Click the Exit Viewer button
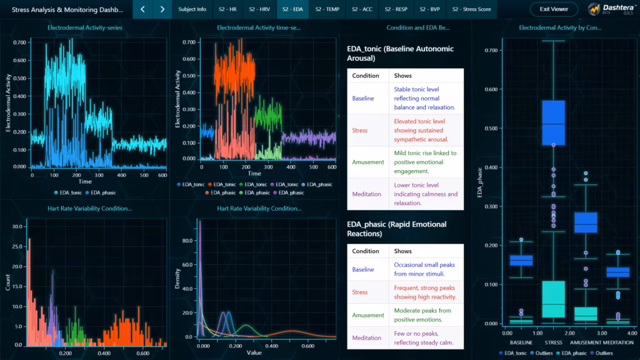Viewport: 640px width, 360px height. pyautogui.click(x=554, y=9)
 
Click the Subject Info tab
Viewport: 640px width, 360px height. pyautogui.click(x=192, y=9)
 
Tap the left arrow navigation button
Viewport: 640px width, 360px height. pyautogui.click(x=142, y=9)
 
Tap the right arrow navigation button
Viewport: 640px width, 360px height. pyautogui.click(x=162, y=9)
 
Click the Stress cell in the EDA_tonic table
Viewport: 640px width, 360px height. pyautogui.click(x=360, y=130)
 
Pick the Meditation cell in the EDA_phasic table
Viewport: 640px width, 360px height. pyautogui.click(x=366, y=337)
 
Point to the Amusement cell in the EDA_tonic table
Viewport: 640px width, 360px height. pyautogui.click(x=367, y=162)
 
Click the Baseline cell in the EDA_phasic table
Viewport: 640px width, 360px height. pyautogui.click(x=363, y=269)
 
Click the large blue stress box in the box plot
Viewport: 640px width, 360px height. pyautogui.click(x=553, y=122)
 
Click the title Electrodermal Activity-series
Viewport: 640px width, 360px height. pyautogui.click(x=85, y=27)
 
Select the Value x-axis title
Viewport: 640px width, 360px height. pyautogui.click(x=254, y=352)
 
